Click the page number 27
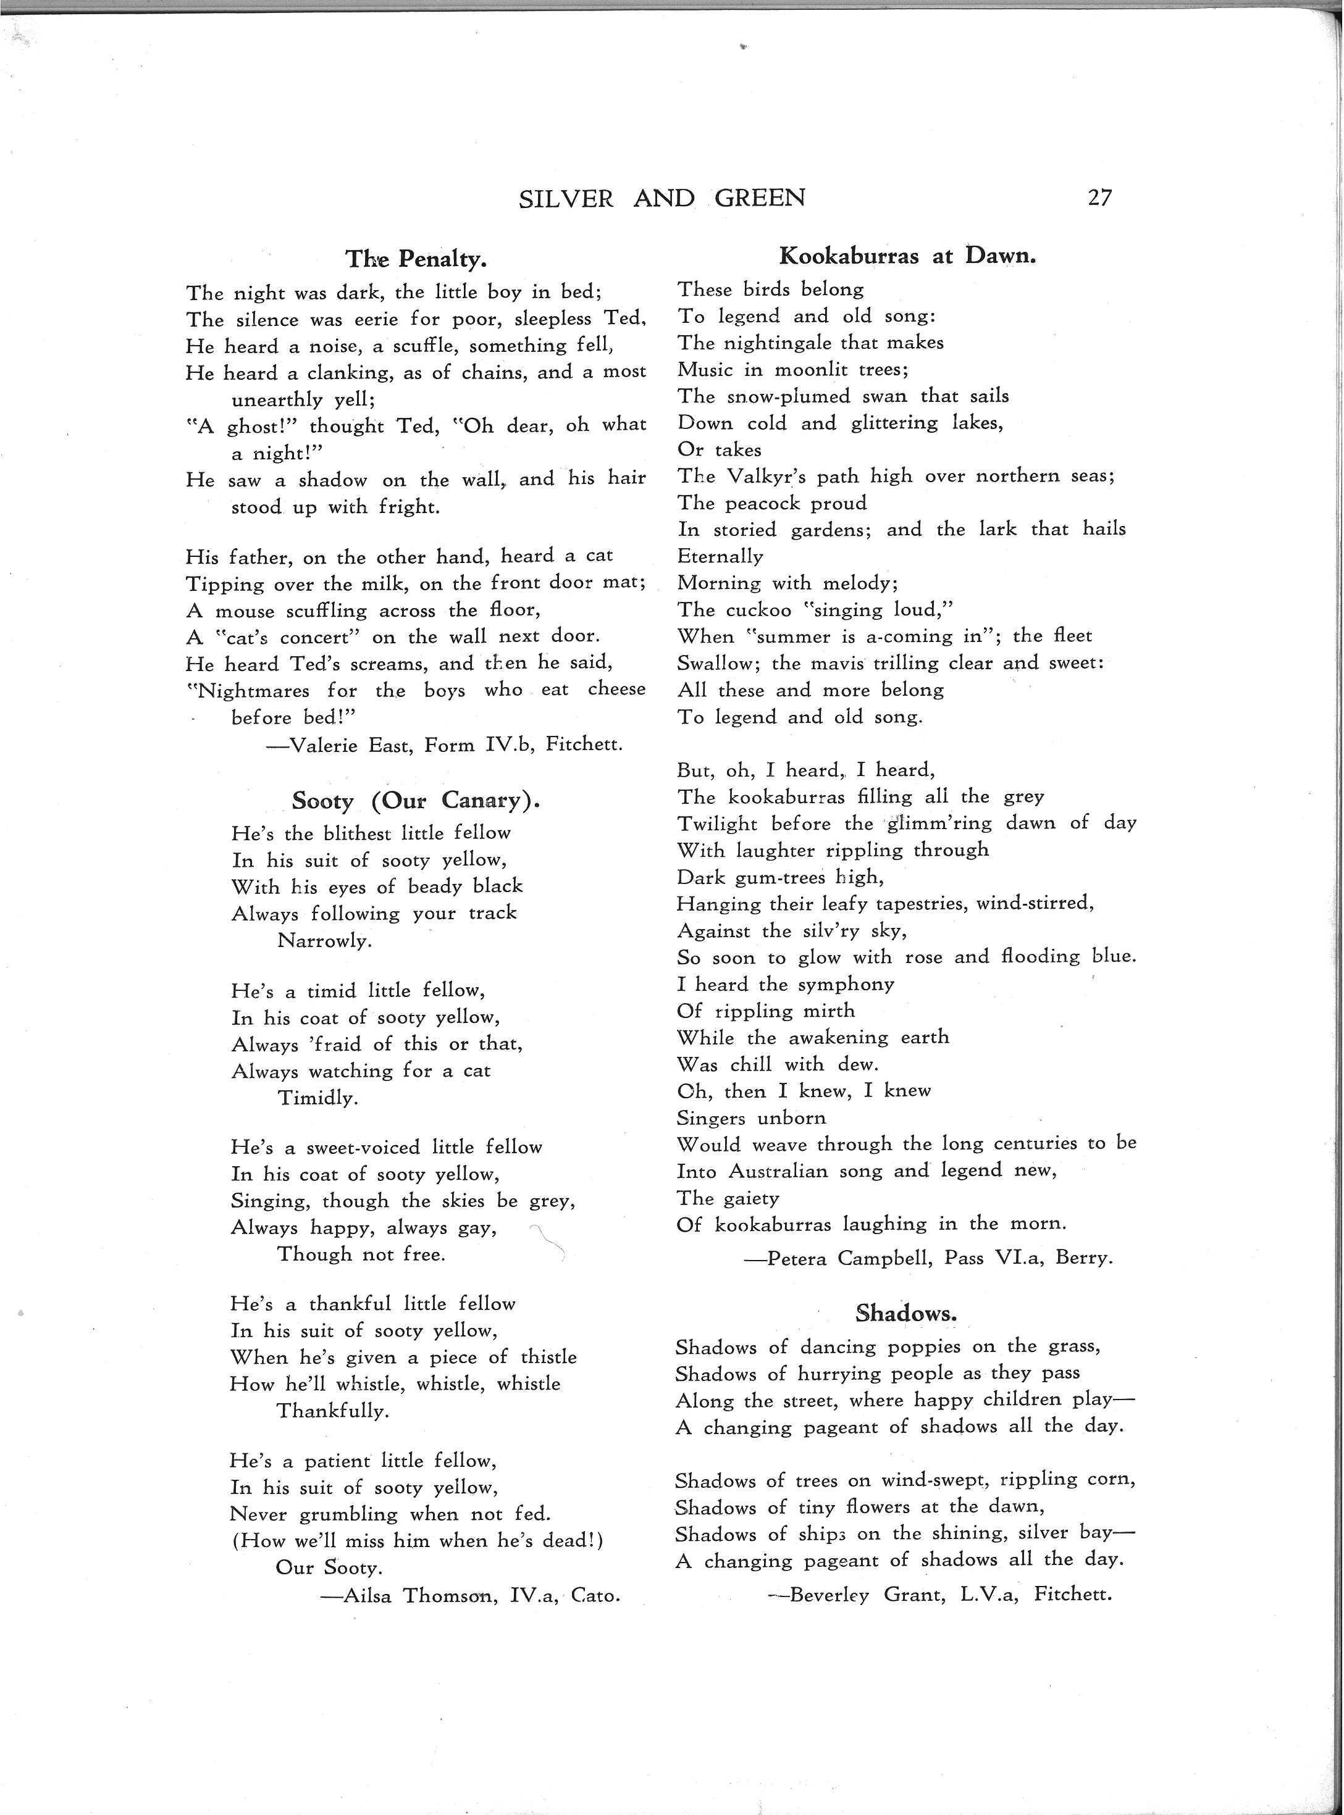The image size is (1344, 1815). (x=1099, y=198)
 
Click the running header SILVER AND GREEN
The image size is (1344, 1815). (x=661, y=198)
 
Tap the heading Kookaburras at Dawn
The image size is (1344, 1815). (x=907, y=256)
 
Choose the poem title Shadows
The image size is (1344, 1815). (x=905, y=1312)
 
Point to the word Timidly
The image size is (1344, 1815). (x=317, y=1099)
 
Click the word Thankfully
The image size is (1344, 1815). (x=333, y=1411)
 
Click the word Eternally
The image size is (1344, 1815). (x=720, y=557)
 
